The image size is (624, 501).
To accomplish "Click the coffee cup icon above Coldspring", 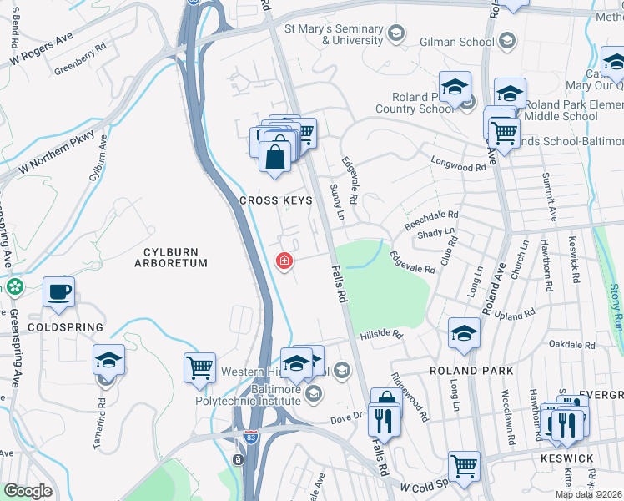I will tap(58, 292).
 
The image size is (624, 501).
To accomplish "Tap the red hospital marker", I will tap(284, 261).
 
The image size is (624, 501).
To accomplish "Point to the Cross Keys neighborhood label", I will tap(275, 200).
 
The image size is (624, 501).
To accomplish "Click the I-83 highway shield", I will tap(251, 437).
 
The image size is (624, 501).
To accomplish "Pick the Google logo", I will tap(28, 491).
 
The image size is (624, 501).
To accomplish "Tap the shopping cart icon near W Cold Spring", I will tap(465, 466).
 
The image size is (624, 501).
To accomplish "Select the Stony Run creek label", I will tap(615, 307).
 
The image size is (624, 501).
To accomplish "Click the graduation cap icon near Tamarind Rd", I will tap(108, 360).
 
